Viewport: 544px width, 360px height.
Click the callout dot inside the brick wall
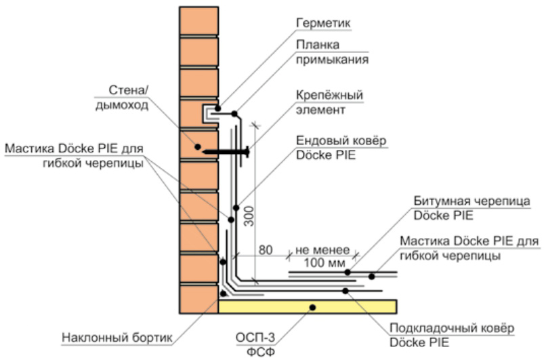pos(197,146)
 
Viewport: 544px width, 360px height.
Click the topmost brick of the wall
pos(199,20)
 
